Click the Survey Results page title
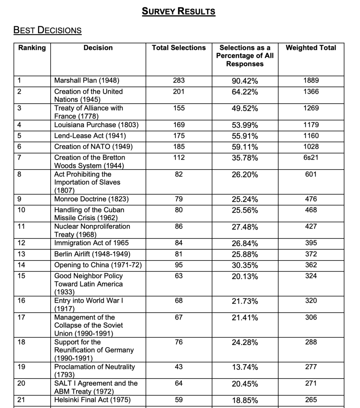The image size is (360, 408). tap(179, 11)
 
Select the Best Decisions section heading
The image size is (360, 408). tap(47, 30)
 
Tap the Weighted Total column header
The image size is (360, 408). tap(311, 48)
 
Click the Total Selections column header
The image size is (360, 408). tap(179, 48)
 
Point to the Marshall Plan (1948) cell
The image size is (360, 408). tap(87, 81)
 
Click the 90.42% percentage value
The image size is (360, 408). tap(245, 81)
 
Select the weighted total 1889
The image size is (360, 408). tap(311, 81)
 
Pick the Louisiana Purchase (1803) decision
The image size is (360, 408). tap(96, 125)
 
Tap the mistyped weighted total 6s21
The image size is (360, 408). tap(311, 158)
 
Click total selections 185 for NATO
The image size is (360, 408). tap(179, 147)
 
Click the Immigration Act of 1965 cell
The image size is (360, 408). tap(91, 243)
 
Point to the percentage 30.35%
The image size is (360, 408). tap(245, 266)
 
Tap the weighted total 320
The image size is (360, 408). tap(311, 301)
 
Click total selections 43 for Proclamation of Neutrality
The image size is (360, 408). tap(179, 367)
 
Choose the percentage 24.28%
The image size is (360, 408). tap(245, 343)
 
